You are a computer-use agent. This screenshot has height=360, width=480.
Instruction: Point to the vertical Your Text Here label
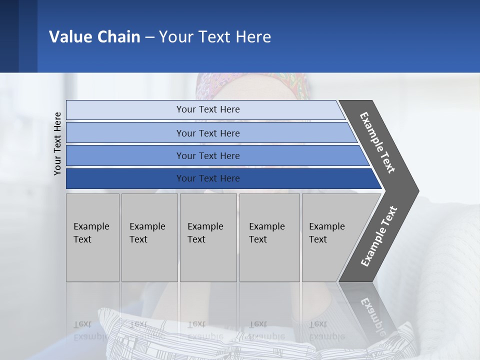57,144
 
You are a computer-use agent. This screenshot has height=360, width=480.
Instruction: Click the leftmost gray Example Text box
92,237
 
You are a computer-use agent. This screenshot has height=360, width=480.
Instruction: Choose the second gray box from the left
149,237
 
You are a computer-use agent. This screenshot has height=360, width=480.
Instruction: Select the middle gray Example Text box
208,237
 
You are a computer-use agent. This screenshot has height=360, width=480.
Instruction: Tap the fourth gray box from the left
269,237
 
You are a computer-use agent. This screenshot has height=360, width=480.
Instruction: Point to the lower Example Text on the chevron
379,236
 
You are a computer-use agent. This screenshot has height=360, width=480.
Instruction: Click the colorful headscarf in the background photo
250,85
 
